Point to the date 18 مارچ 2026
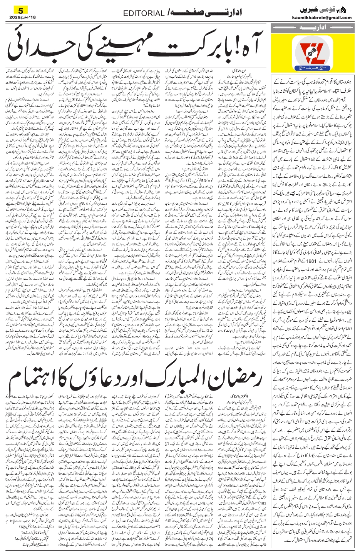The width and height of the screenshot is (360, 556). tap(19, 17)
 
